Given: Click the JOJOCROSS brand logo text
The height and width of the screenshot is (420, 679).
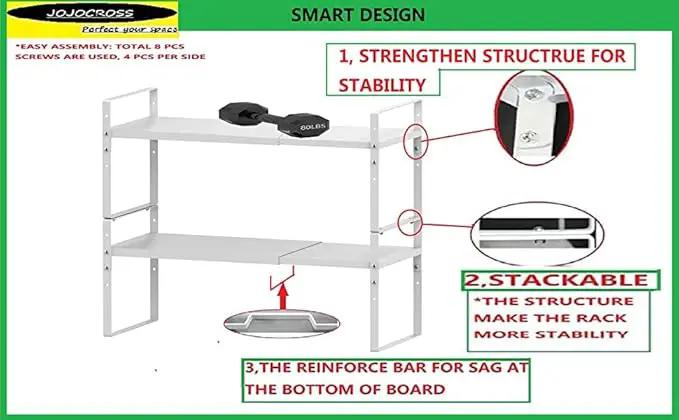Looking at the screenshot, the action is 90,13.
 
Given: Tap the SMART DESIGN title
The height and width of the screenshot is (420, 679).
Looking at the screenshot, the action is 358,15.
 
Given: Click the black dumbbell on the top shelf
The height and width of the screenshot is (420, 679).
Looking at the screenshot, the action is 274,119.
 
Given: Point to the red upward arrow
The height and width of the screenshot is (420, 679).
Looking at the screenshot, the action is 283,297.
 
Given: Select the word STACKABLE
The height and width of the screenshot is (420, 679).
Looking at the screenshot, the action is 568,280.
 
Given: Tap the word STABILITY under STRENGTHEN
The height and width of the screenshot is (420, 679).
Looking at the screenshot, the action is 382,85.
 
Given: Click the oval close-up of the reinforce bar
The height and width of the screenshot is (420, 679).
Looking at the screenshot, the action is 281,324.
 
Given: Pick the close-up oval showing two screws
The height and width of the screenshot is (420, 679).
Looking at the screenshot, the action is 534,118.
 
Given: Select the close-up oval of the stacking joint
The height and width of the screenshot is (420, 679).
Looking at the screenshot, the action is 537,234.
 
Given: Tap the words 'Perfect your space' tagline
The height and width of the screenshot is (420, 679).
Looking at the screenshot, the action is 130,29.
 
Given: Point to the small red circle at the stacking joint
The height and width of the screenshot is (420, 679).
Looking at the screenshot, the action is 410,223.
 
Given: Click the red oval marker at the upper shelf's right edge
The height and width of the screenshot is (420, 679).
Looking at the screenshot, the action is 416,142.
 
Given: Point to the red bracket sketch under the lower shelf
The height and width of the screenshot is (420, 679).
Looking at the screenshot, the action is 281,279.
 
